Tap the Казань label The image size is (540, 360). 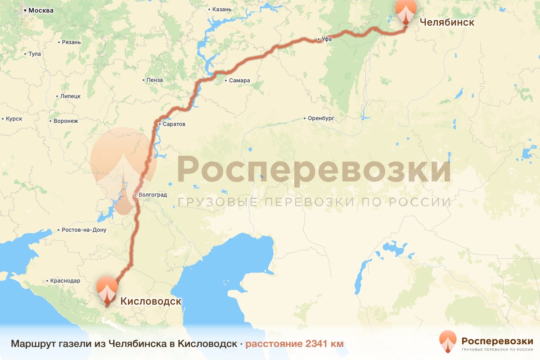click(x=221, y=9)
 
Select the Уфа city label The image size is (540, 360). click(x=327, y=40)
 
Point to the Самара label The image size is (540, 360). click(x=239, y=81)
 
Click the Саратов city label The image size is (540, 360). click(x=174, y=124)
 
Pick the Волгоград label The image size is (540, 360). click(x=153, y=195)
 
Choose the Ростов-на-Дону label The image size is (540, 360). click(x=84, y=230)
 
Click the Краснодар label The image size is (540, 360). click(x=65, y=280)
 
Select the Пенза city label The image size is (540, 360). click(x=155, y=80)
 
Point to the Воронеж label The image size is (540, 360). click(x=66, y=121)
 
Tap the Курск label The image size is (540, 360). click(x=14, y=119)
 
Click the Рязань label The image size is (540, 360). click(x=72, y=42)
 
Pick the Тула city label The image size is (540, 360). click(x=34, y=54)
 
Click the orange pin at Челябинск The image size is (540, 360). click(x=406, y=11)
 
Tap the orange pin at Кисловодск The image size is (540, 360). click(x=107, y=290)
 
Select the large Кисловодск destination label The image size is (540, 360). click(x=151, y=301)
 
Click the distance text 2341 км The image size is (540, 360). click(x=324, y=344)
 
